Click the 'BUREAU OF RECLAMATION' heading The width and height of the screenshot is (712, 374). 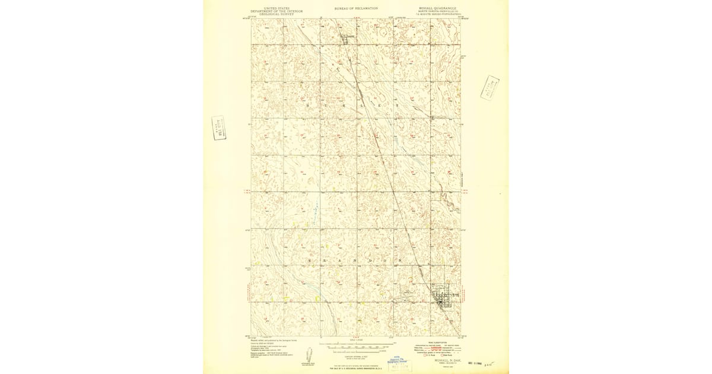point(357,8)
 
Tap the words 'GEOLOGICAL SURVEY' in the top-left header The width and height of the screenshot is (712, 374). point(276,14)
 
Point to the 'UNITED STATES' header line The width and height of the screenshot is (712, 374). point(276,8)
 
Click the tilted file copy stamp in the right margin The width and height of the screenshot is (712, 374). point(490,88)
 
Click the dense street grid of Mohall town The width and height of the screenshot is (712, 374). point(444,297)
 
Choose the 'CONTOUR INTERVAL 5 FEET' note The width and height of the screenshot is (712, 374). point(356,356)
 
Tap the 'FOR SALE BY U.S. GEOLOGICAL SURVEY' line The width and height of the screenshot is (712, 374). point(356,369)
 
